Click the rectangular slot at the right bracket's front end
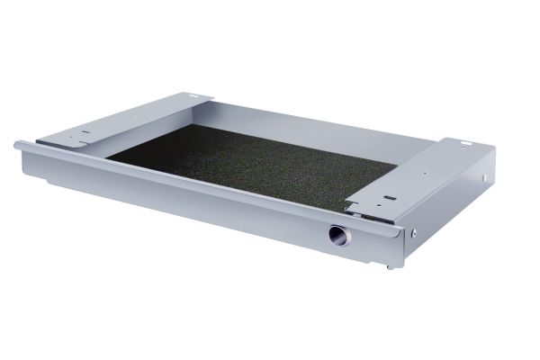[x=389, y=199]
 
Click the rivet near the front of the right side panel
[x=413, y=233]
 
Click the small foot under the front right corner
[x=389, y=265]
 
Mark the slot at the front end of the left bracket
[x=84, y=133]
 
